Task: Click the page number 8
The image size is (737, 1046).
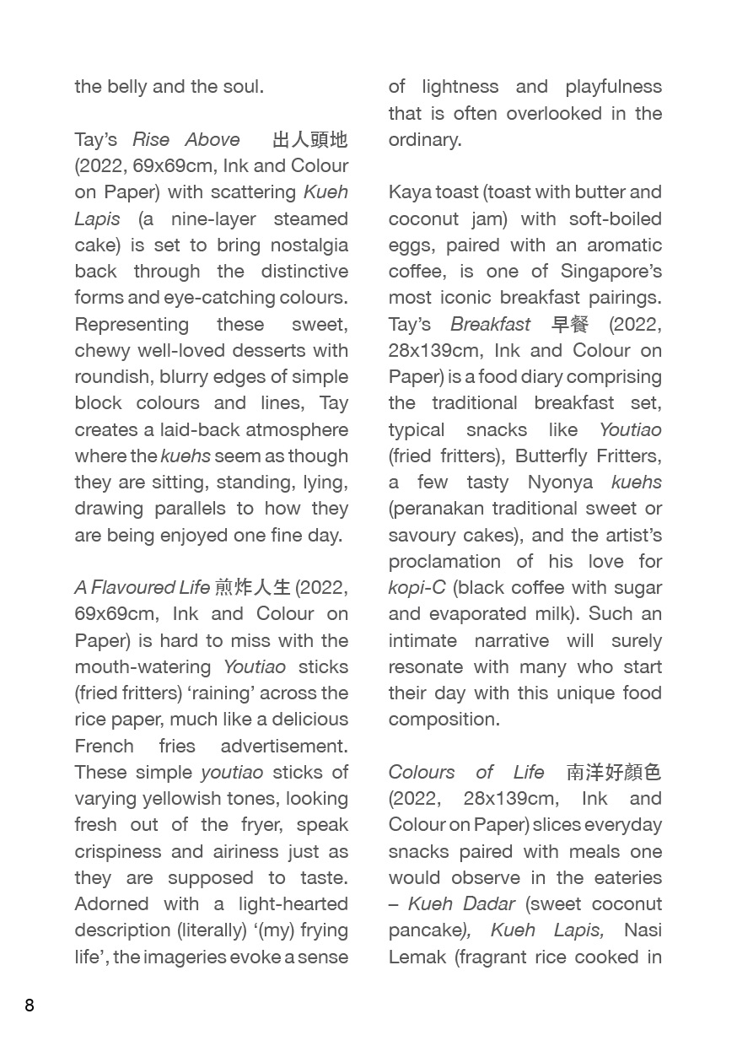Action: click(x=30, y=1005)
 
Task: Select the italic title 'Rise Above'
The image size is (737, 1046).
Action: click(x=186, y=139)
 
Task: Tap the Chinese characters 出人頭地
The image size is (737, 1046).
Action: click(x=309, y=139)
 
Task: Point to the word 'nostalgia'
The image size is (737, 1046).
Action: click(x=309, y=245)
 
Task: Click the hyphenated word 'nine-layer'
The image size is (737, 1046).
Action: click(x=212, y=218)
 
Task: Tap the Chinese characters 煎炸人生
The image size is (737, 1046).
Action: click(x=252, y=587)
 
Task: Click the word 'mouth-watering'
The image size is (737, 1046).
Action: click(x=143, y=666)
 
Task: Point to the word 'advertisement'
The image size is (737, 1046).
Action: click(x=283, y=746)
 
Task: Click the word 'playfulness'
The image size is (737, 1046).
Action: click(x=613, y=86)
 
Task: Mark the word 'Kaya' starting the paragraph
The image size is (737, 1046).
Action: click(x=409, y=191)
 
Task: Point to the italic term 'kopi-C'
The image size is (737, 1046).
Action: click(x=417, y=587)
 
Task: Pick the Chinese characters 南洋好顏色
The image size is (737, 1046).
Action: click(x=614, y=772)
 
